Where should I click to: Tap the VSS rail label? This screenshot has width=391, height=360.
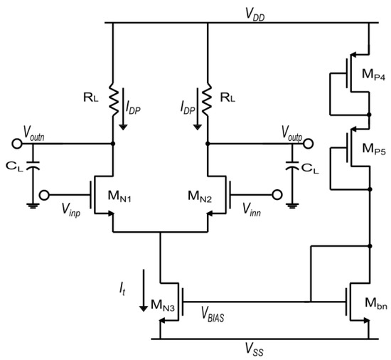pos(252,349)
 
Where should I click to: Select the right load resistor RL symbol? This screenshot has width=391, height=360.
pos(207,102)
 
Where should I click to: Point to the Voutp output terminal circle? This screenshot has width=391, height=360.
pos(308,143)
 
